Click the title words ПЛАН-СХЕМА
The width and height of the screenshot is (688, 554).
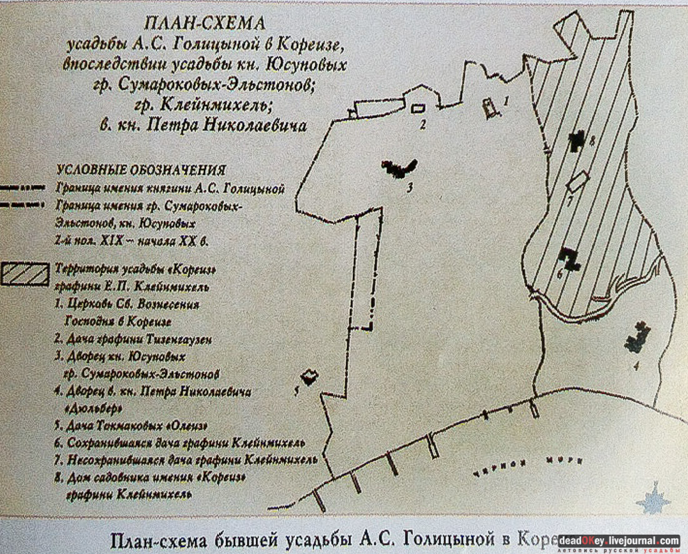click(x=205, y=24)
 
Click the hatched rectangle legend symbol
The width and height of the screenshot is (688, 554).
click(x=25, y=274)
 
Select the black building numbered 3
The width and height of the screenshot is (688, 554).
click(x=399, y=168)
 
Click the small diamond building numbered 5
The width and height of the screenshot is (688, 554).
click(x=309, y=376)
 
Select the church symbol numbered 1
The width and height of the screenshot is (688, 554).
click(x=490, y=108)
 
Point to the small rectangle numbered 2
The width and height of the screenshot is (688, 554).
click(x=417, y=109)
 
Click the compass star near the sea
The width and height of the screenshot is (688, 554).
click(x=653, y=498)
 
